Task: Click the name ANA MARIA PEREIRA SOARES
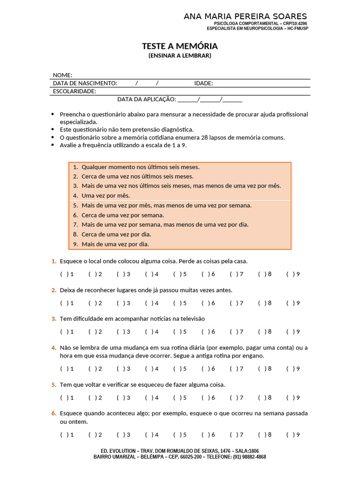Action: (x=245, y=17)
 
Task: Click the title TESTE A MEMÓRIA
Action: (x=180, y=46)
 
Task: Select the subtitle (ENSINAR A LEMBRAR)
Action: (x=180, y=55)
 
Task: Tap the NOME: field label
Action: (x=62, y=75)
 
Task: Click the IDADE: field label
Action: (x=203, y=83)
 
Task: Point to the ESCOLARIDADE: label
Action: (x=75, y=91)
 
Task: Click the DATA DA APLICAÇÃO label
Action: (x=146, y=99)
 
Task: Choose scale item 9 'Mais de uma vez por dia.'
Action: (x=115, y=244)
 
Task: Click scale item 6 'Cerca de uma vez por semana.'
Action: (x=122, y=215)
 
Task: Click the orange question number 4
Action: (x=53, y=348)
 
